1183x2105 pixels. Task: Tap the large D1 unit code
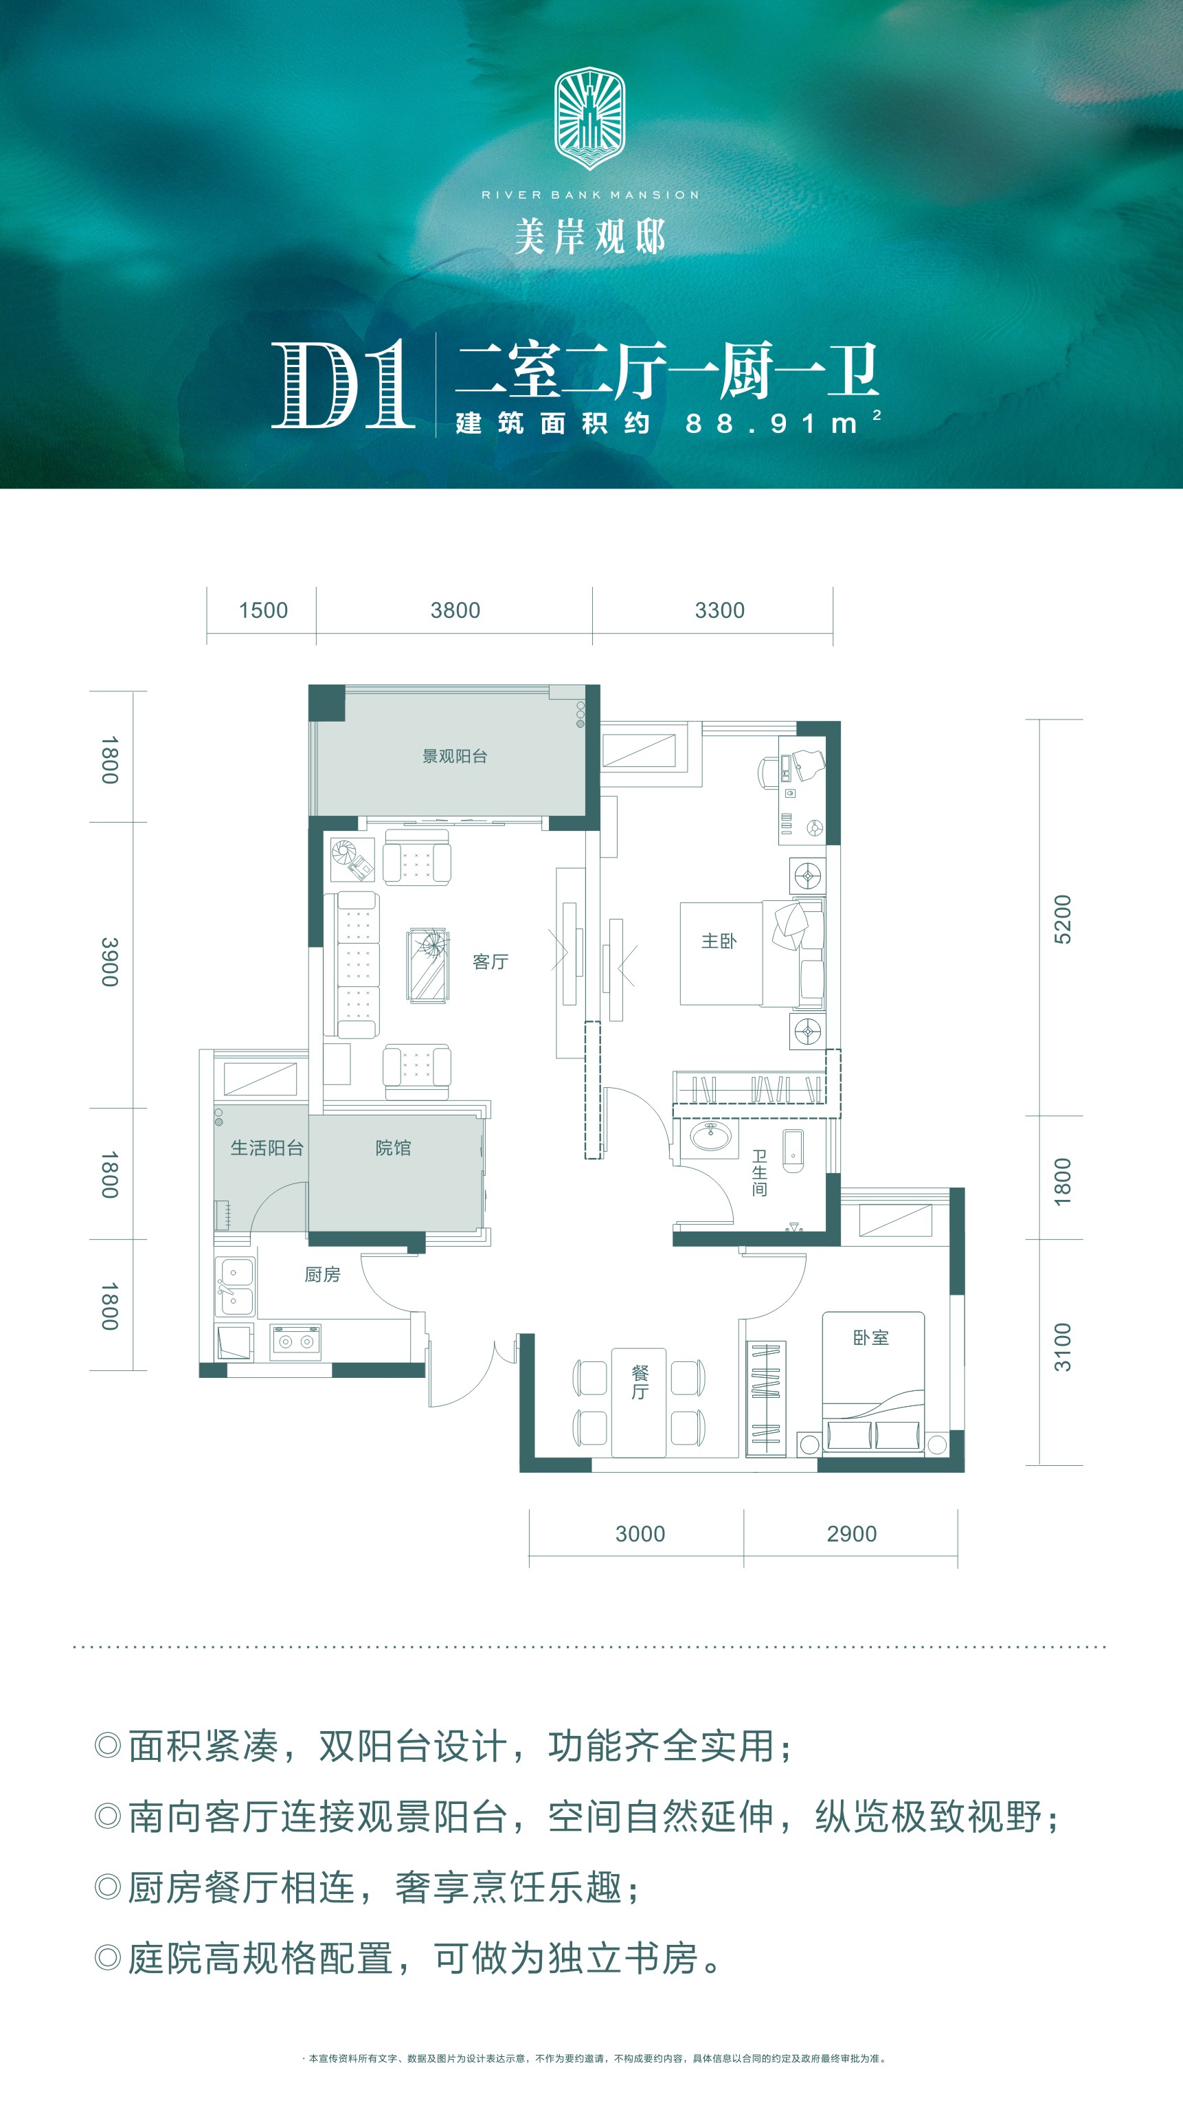[343, 384]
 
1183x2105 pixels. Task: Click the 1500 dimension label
[263, 610]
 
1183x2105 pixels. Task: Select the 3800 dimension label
[455, 610]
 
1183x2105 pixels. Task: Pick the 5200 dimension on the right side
[1061, 920]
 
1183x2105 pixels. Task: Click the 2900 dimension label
[851, 1534]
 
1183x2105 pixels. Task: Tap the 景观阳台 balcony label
[454, 757]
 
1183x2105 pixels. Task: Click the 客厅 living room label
[491, 962]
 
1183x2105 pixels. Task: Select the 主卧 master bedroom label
[719, 942]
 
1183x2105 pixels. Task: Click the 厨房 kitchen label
[322, 1275]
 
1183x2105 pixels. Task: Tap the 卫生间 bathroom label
[759, 1172]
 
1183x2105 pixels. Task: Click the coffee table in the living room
[428, 965]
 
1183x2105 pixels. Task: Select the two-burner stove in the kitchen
[295, 1341]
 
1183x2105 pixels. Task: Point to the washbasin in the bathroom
[712, 1136]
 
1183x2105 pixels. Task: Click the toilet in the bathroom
[793, 1151]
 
